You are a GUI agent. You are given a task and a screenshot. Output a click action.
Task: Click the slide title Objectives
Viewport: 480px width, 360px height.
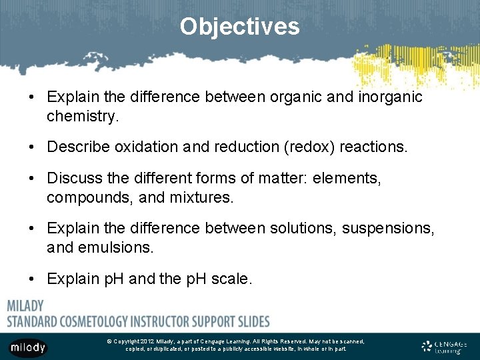[x=239, y=27]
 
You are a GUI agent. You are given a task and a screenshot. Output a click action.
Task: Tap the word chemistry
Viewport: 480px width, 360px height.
[x=81, y=117]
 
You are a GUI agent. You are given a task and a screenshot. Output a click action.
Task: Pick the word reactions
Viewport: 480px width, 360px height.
[x=373, y=147]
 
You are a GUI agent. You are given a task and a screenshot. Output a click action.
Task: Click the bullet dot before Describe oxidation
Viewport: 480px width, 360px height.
[x=32, y=147]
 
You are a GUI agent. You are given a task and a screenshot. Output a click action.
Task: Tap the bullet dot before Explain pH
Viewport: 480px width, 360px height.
[x=32, y=278]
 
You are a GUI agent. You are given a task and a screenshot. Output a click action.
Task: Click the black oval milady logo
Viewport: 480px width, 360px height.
[x=28, y=347]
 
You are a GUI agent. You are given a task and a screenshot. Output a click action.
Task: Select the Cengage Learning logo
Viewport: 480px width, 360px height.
[x=445, y=347]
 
